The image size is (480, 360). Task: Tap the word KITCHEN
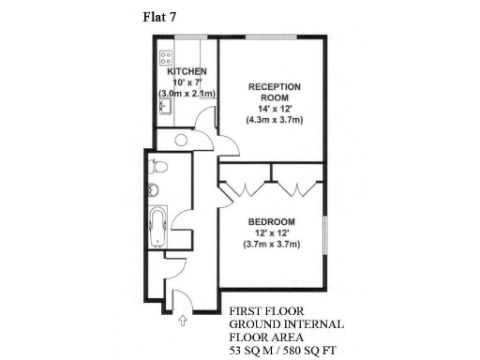tap(187, 72)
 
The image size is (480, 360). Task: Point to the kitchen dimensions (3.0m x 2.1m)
tap(187, 95)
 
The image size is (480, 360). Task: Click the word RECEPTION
tap(273, 86)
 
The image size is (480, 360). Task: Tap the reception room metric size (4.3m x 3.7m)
tap(273, 120)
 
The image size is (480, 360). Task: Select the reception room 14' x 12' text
tap(273, 109)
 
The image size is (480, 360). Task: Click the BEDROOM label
tap(273, 221)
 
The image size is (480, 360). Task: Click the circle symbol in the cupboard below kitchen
tap(181, 140)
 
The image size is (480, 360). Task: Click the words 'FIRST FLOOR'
tap(265, 311)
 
